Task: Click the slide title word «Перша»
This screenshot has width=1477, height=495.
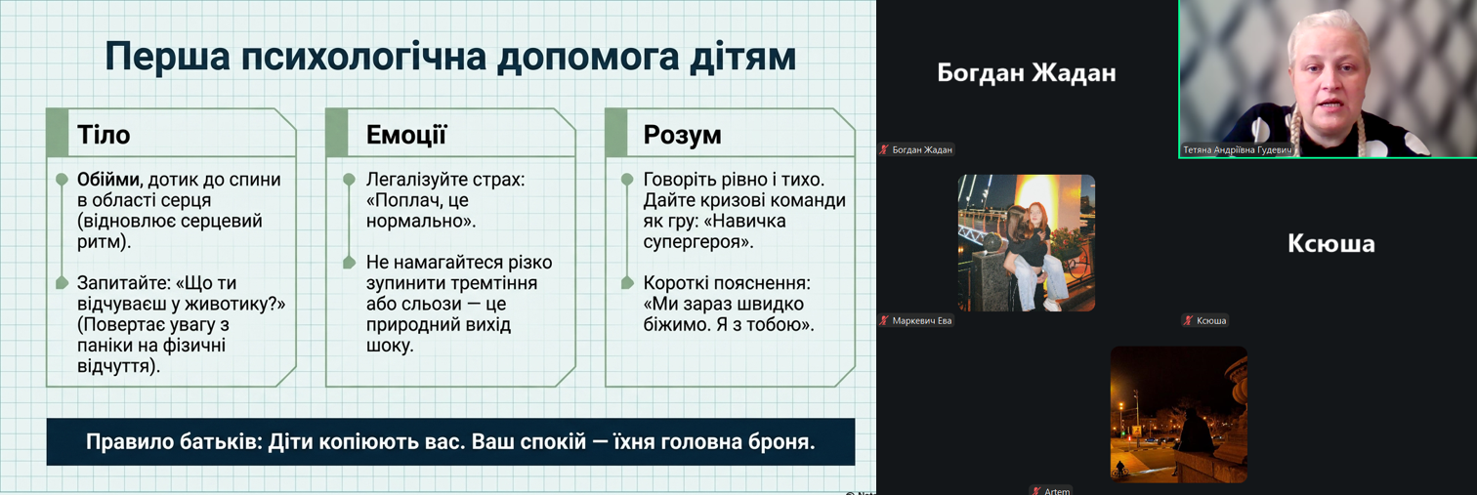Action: (167, 58)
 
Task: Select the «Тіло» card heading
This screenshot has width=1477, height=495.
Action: (104, 135)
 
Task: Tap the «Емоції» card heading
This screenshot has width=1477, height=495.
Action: (406, 135)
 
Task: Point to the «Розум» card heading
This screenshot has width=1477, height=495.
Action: (683, 135)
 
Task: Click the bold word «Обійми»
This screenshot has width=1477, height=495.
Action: (108, 180)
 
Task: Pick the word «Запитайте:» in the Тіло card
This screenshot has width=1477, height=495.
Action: (123, 283)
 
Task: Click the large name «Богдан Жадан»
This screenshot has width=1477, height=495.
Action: (1026, 72)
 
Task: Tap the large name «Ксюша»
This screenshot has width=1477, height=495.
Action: (1331, 243)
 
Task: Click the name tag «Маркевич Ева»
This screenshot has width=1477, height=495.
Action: (922, 321)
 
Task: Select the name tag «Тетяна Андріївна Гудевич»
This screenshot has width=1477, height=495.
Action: (1237, 150)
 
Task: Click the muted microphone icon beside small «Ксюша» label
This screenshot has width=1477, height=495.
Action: (1188, 321)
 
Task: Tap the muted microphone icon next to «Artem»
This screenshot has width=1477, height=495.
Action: (1035, 491)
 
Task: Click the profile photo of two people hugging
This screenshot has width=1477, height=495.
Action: (1026, 242)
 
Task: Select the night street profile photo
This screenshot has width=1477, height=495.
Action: (1179, 415)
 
